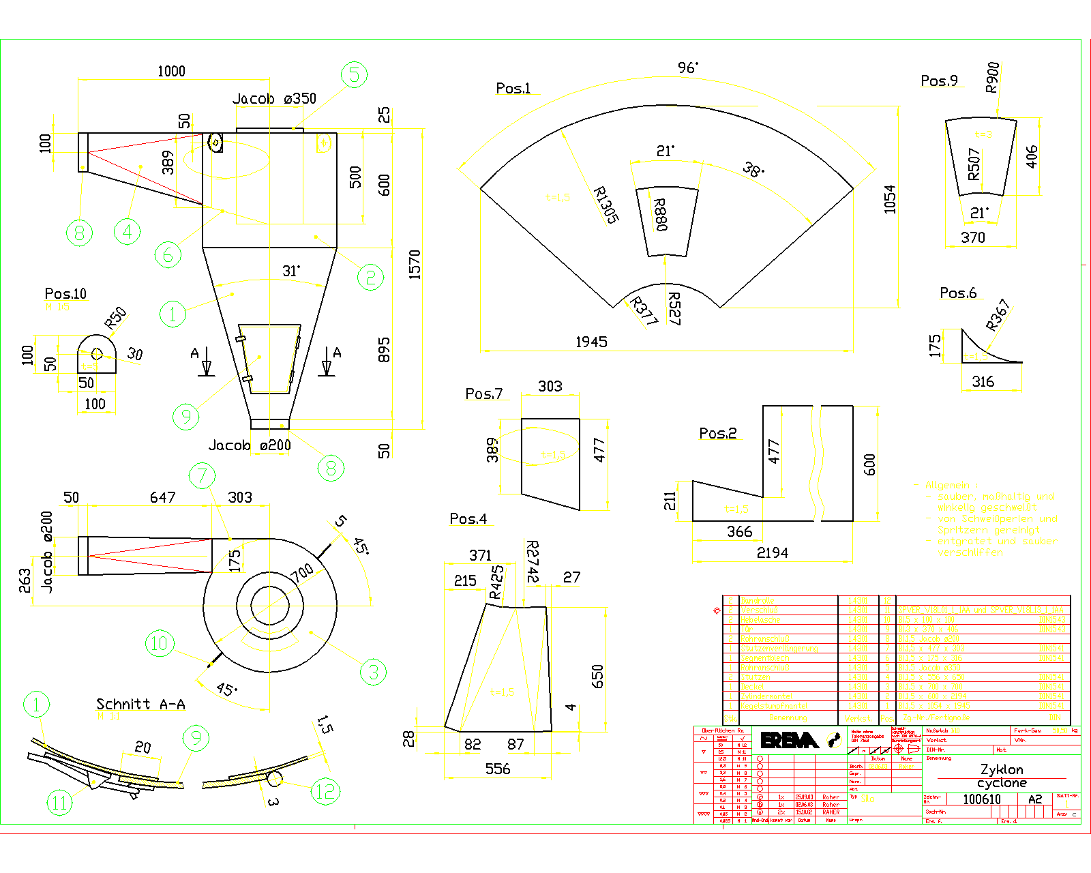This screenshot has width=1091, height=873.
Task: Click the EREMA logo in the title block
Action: (x=789, y=741)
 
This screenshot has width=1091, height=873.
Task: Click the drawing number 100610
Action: (x=981, y=799)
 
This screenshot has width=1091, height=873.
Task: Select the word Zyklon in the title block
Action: (x=1001, y=769)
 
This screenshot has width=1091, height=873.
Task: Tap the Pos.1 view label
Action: (x=513, y=88)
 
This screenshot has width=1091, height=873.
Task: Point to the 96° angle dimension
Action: (x=687, y=68)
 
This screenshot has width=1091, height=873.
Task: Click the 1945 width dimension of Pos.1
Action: (x=591, y=342)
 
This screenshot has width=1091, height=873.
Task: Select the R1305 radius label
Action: (x=606, y=205)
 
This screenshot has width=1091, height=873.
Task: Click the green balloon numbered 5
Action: (x=354, y=74)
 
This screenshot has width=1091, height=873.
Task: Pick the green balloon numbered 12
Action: (x=325, y=791)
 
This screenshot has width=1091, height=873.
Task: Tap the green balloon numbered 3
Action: (x=373, y=672)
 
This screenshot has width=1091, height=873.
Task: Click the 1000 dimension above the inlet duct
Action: (x=171, y=71)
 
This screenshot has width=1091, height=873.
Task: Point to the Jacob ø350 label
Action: (x=274, y=99)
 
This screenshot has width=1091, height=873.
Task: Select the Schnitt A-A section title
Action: (x=140, y=704)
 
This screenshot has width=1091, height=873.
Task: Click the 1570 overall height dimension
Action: (x=415, y=265)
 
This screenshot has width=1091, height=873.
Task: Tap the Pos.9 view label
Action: (x=939, y=80)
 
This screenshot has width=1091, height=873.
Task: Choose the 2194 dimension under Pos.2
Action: (x=772, y=552)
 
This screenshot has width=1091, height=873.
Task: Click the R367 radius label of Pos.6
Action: (x=998, y=314)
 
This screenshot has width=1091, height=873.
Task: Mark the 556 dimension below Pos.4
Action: (x=498, y=769)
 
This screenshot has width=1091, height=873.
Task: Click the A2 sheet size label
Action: (x=1035, y=799)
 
